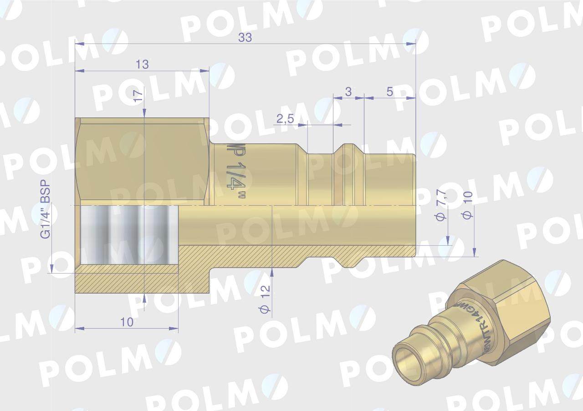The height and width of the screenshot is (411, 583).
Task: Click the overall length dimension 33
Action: pyautogui.click(x=245, y=38)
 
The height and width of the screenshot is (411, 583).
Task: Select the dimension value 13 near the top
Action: pyautogui.click(x=142, y=65)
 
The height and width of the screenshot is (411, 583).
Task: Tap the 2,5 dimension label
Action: pyautogui.click(x=285, y=119)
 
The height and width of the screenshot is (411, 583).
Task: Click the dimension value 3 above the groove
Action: pyautogui.click(x=348, y=91)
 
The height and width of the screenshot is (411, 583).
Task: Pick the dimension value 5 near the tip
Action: pyautogui.click(x=389, y=91)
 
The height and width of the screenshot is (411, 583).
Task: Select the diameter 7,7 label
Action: pyautogui.click(x=440, y=210)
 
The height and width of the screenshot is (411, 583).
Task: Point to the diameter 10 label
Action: pyautogui.click(x=467, y=205)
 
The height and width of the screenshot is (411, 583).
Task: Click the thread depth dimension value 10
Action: pyautogui.click(x=127, y=322)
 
